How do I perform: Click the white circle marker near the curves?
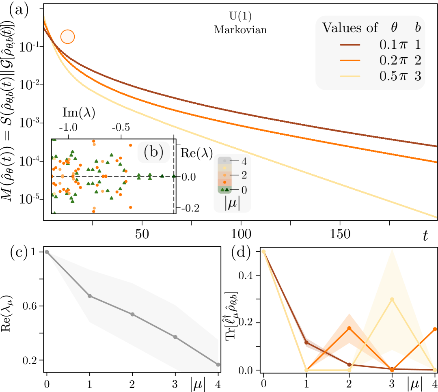click(68, 37)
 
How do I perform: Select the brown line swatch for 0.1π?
click(350, 45)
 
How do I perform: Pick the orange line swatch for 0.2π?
click(350, 60)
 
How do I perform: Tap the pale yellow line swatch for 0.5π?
click(350, 76)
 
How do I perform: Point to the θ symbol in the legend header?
click(394, 28)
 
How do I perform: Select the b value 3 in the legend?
click(417, 76)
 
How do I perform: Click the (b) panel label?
click(153, 152)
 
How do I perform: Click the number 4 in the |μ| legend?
click(244, 162)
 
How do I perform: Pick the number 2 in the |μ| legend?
click(244, 175)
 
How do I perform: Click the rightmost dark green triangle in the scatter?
click(174, 176)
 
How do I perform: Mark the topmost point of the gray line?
click(47, 252)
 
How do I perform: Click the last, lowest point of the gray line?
click(218, 364)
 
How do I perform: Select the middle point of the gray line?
click(132, 314)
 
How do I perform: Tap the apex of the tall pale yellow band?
click(392, 250)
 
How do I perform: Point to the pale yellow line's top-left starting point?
click(263, 252)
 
